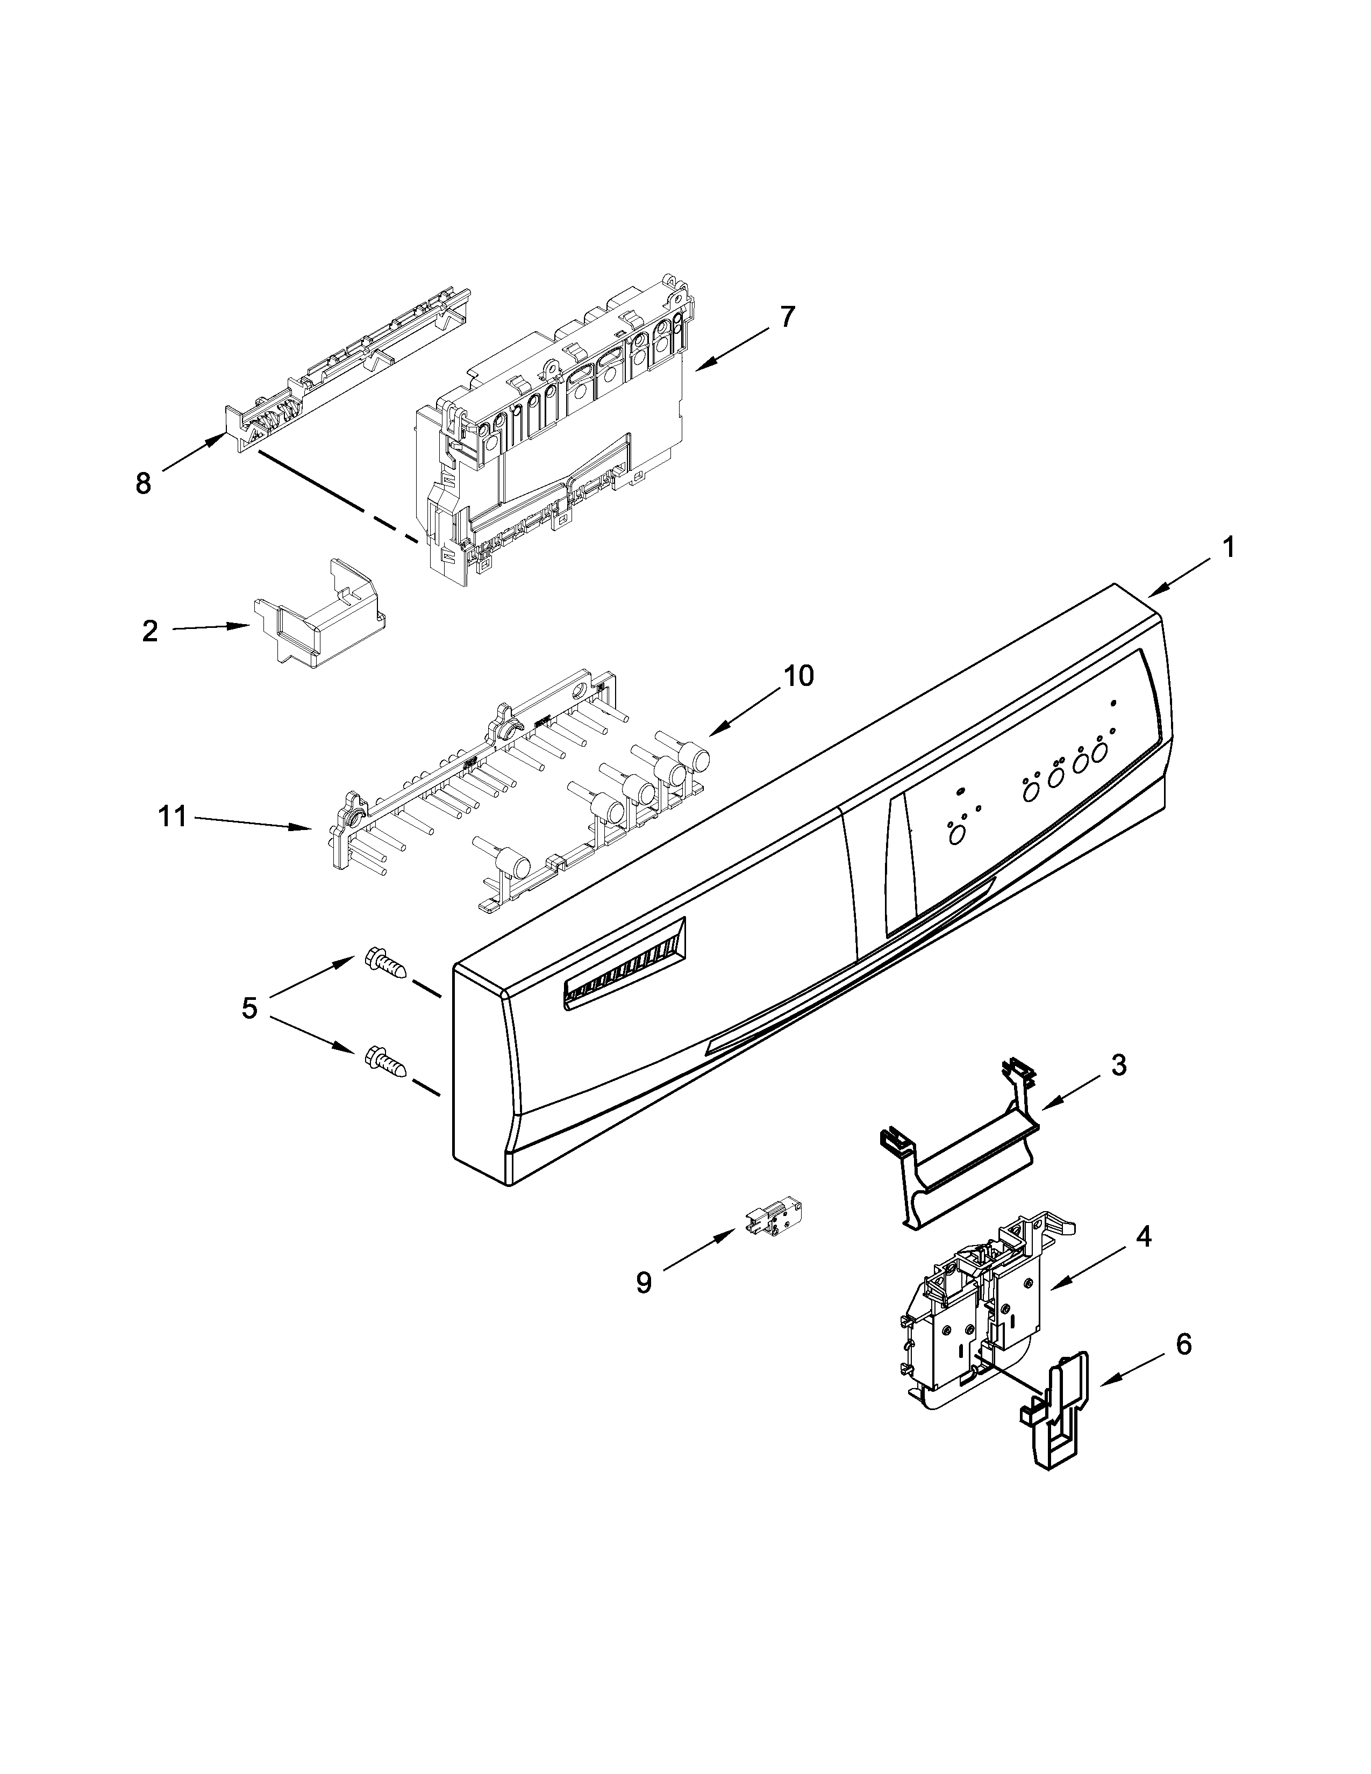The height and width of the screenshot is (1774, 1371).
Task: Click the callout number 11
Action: [x=172, y=817]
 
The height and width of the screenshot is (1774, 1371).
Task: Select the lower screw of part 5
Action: [x=385, y=1061]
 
